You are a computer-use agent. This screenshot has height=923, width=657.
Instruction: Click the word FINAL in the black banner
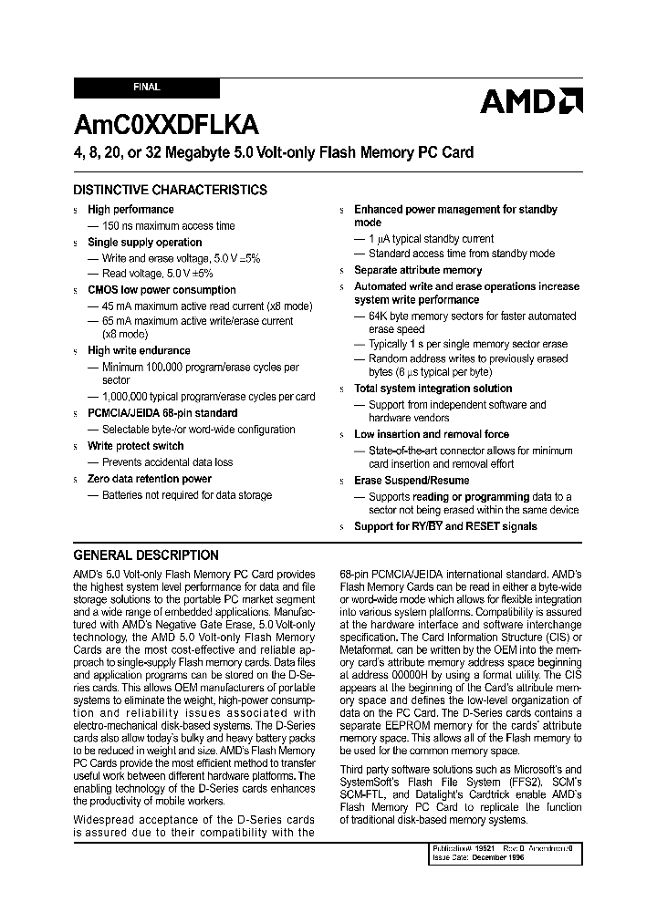point(146,88)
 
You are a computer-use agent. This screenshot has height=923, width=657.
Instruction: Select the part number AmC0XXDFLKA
point(166,125)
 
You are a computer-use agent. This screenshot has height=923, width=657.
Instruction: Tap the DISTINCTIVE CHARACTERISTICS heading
point(170,190)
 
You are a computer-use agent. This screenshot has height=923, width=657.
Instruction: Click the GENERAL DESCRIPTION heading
point(146,555)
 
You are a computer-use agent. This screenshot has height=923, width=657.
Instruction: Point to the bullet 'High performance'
point(130,210)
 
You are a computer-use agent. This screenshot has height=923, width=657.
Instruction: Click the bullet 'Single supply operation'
point(144,243)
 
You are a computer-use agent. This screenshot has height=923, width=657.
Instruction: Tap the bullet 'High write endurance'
point(139,350)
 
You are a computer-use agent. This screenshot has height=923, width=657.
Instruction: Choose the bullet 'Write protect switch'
point(135,446)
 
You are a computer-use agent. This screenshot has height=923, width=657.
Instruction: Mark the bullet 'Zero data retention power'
point(149,479)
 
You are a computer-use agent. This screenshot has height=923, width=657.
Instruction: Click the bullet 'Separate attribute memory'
point(418,270)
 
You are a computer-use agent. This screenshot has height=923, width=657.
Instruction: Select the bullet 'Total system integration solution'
point(433,389)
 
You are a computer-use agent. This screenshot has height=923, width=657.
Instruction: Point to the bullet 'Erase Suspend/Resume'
point(412,481)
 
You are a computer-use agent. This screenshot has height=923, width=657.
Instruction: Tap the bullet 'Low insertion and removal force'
point(431,435)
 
